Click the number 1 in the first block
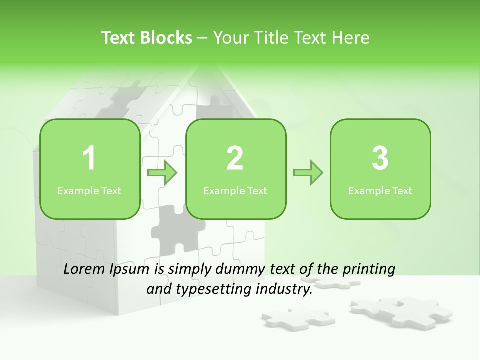[89, 158]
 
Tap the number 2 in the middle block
[235, 158]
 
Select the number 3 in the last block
[380, 158]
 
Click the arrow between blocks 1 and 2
[162, 173]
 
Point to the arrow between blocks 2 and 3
[308, 173]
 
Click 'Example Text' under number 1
[89, 191]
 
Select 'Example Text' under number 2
[235, 191]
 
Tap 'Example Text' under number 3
[380, 191]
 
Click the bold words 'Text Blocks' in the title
[147, 38]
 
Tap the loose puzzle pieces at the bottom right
[402, 308]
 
